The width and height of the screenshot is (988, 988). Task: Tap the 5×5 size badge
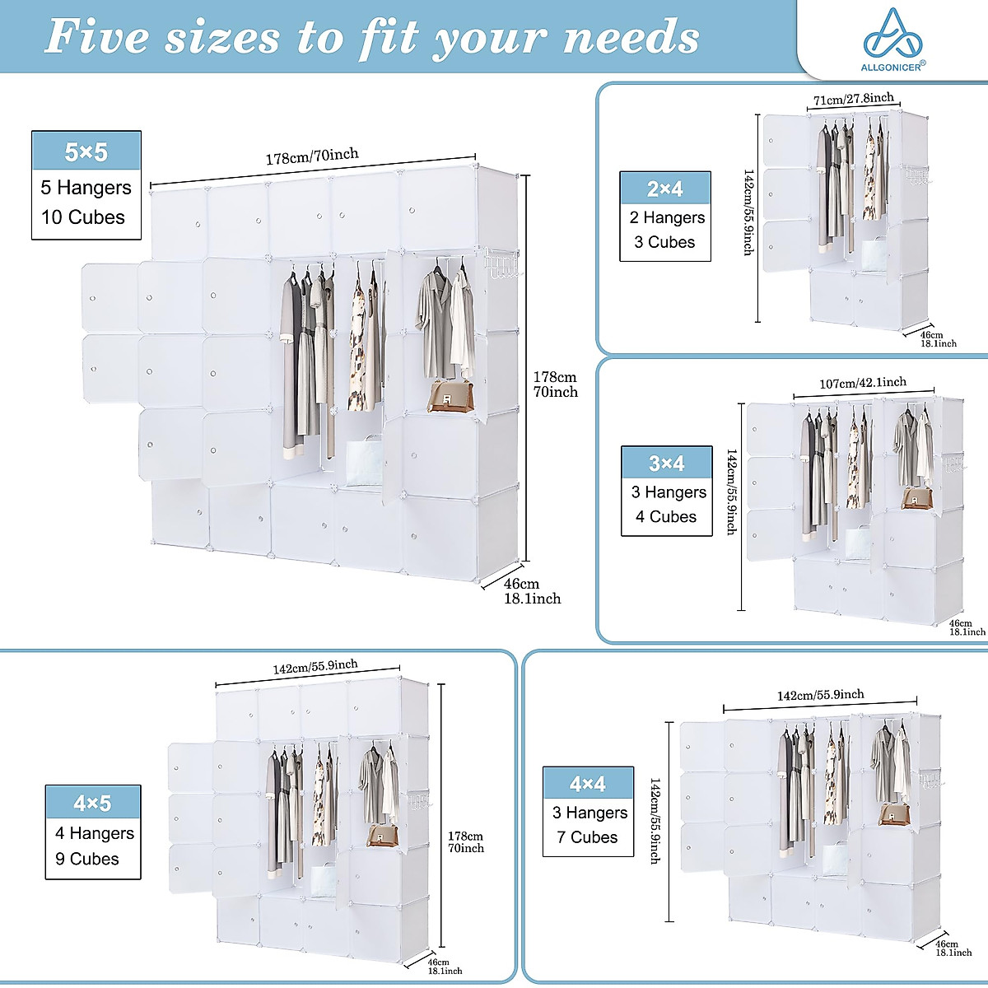point(86,151)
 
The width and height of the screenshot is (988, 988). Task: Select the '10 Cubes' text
point(83,217)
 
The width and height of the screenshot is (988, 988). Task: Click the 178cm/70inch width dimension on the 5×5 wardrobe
point(312,156)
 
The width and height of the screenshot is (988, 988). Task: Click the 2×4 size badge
point(664,189)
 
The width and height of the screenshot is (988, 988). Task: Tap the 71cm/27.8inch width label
point(853,100)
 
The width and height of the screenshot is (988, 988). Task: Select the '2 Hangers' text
point(667,217)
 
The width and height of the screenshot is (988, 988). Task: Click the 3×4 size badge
point(666,464)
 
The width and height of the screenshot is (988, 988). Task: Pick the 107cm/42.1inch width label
point(862,383)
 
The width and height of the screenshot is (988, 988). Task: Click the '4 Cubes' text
point(665,516)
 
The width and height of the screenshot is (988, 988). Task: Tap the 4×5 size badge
point(92,803)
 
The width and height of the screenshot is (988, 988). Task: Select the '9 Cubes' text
point(86,859)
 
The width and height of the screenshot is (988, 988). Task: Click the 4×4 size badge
point(588,784)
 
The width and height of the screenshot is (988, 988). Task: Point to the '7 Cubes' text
point(587,837)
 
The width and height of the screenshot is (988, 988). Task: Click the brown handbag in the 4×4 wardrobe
point(894,814)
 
